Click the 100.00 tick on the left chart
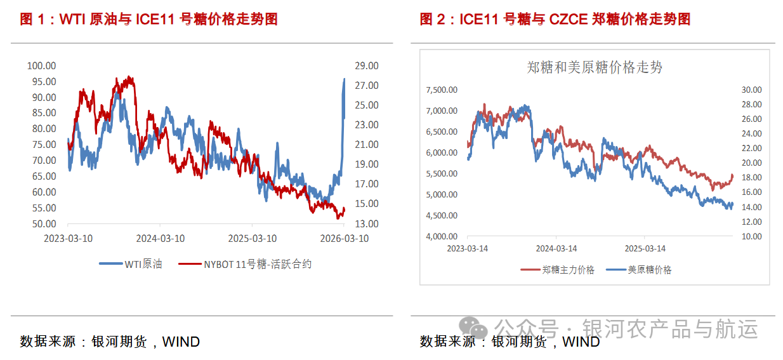(42, 65)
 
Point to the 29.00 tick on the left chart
(366, 65)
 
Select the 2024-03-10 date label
(160, 239)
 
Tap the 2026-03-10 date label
(343, 239)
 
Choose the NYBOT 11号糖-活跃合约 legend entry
(245, 264)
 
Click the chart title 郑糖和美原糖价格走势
(595, 67)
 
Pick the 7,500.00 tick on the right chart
(441, 90)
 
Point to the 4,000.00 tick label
(441, 236)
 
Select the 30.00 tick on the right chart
(751, 90)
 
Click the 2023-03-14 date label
(467, 248)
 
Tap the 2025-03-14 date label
(645, 248)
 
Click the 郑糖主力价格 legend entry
(558, 270)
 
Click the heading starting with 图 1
(148, 19)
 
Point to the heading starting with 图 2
(555, 19)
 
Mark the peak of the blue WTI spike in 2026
(344, 79)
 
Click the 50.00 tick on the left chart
(42, 223)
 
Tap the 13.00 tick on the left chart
(366, 223)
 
